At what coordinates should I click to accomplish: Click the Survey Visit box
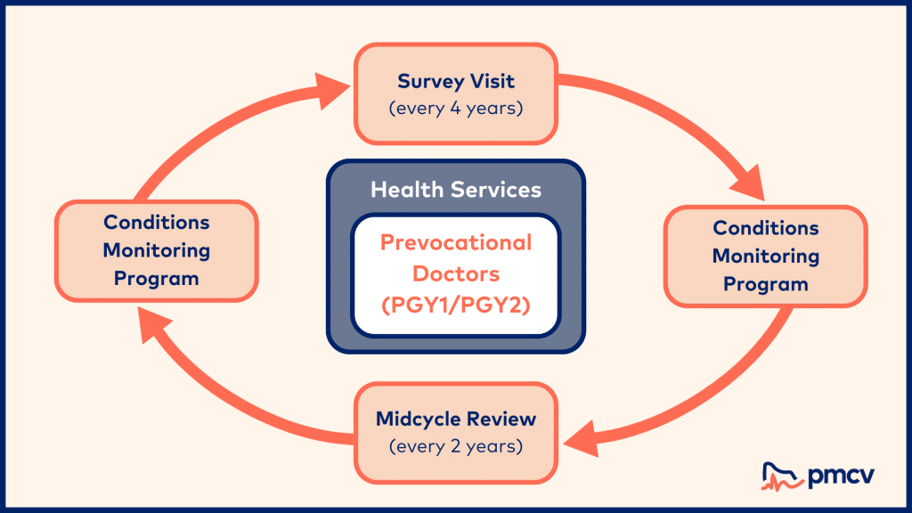[456, 94]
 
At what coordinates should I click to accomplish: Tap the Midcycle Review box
[456, 431]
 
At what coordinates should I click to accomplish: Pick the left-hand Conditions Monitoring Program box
[156, 250]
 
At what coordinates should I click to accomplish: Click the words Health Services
[456, 189]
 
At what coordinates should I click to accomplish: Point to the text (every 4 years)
[456, 109]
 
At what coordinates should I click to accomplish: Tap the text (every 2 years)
[456, 445]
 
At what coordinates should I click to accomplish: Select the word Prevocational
[456, 242]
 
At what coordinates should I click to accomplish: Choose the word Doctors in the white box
[456, 273]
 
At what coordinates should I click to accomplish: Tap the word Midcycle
[419, 419]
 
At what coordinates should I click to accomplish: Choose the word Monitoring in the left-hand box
[156, 250]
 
